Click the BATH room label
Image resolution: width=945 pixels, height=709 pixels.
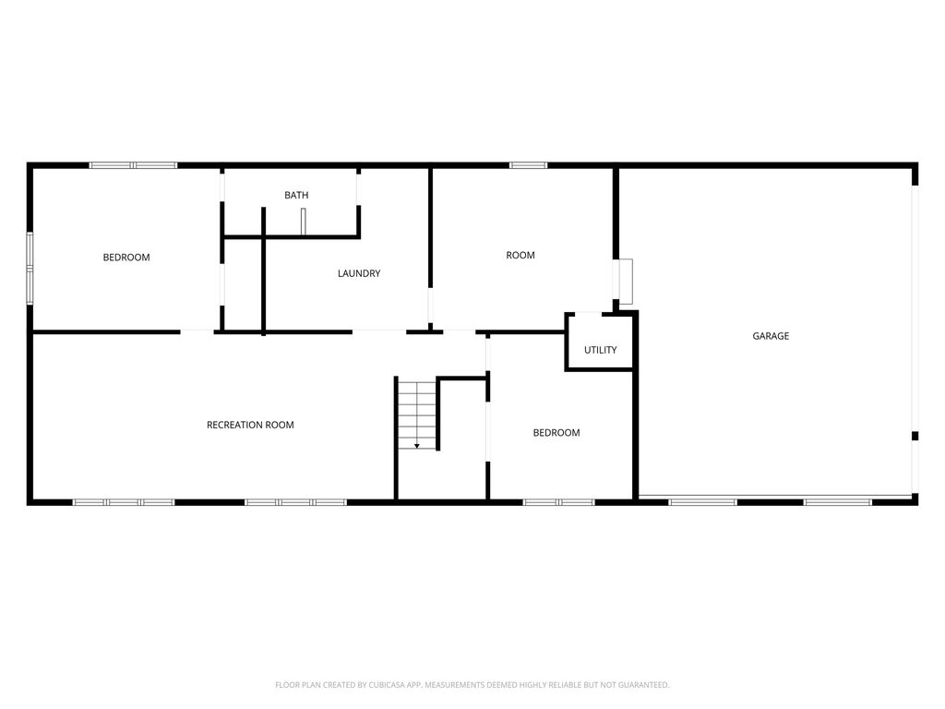[x=296, y=196]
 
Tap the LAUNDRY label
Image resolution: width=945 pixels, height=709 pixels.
[x=359, y=273]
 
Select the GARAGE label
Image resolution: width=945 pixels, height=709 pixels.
[x=771, y=336]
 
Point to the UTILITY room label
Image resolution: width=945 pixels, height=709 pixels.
[x=600, y=350]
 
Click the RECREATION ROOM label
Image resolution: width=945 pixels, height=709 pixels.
[x=250, y=425]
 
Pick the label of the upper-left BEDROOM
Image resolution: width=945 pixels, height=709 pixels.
[x=126, y=258]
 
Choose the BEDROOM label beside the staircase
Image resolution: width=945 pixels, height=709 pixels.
[x=556, y=433]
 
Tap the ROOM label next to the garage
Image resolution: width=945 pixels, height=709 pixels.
[x=520, y=256]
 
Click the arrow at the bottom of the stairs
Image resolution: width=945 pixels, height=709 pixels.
[x=417, y=446]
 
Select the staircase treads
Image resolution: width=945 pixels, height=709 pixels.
[x=417, y=411]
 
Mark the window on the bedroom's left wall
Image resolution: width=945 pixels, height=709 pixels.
[x=30, y=268]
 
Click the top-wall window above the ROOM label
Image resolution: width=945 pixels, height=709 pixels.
[x=528, y=165]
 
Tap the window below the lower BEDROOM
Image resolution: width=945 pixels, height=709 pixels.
[x=558, y=502]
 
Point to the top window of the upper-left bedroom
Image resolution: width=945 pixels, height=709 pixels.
[x=133, y=165]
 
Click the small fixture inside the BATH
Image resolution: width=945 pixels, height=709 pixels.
[x=303, y=222]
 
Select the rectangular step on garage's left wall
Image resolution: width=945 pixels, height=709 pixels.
[x=626, y=282]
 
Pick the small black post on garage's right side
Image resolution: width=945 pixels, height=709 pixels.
[x=915, y=436]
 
